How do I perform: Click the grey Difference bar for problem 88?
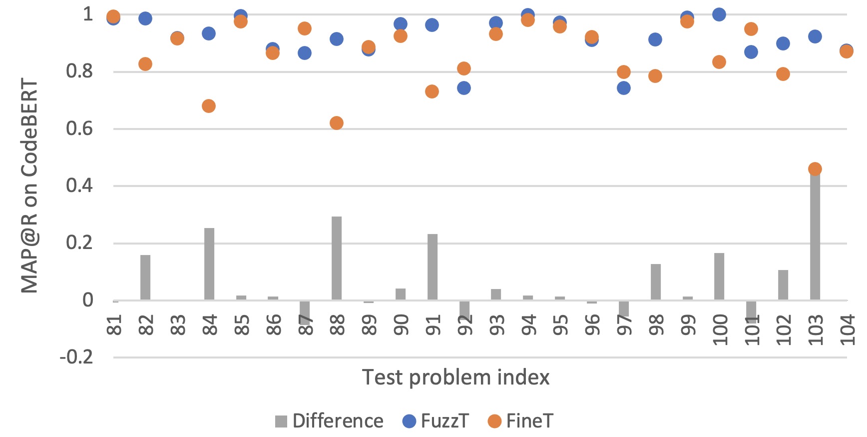pos(337,258)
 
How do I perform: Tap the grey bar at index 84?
pos(209,264)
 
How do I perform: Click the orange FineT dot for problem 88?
pos(337,123)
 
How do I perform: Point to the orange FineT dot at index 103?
pos(815,169)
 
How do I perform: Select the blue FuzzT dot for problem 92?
pos(464,88)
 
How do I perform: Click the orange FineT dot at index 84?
pos(209,106)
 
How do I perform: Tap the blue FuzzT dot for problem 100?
pos(719,14)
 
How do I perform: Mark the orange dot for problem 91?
pos(432,91)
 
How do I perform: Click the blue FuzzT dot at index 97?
pos(623,88)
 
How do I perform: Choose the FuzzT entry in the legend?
pos(435,421)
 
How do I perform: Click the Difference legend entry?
pos(329,421)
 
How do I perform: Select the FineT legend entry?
pos(520,421)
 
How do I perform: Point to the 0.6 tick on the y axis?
pos(79,128)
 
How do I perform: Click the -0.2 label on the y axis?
pos(76,357)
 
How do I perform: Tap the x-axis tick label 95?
pos(560,324)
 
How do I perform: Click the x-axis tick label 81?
pos(114,324)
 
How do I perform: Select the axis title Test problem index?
pos(455,377)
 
